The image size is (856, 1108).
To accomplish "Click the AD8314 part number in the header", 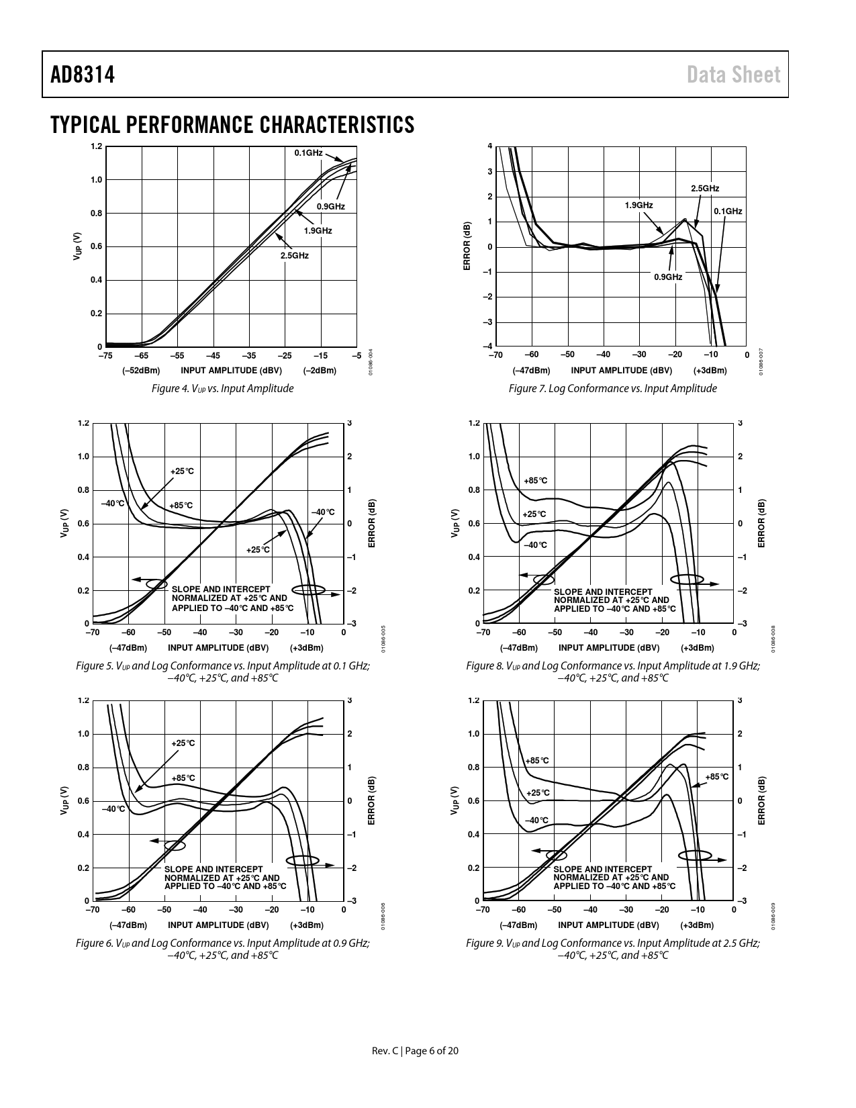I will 82,75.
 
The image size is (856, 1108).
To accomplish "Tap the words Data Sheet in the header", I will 734,75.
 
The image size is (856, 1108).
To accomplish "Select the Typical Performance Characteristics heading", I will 232,125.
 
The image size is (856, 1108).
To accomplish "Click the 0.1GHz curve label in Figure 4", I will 308,153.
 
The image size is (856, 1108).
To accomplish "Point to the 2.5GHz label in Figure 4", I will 294,256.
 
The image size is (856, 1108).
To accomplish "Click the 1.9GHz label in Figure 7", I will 638,205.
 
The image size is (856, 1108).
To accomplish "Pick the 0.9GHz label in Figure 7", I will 668,277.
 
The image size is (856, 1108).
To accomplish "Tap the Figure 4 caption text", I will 222,388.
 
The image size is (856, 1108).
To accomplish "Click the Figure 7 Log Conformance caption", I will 612,388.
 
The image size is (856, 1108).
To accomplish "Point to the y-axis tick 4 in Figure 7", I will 489,146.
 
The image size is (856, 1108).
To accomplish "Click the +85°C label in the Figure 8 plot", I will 535,481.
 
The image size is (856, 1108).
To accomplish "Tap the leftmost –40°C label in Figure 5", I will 112,503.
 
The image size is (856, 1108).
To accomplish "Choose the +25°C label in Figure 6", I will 183,743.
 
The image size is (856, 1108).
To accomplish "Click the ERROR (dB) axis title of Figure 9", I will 761,800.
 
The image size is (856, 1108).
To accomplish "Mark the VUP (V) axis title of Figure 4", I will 78,246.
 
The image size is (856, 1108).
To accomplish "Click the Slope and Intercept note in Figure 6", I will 225,878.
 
